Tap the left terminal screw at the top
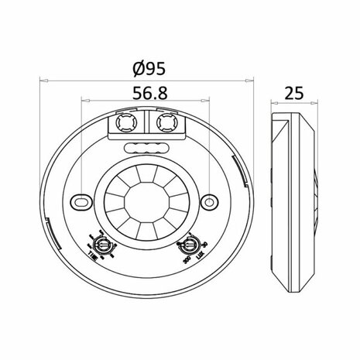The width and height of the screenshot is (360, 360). coord(125,124)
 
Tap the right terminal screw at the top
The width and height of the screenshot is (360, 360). coord(164,124)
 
